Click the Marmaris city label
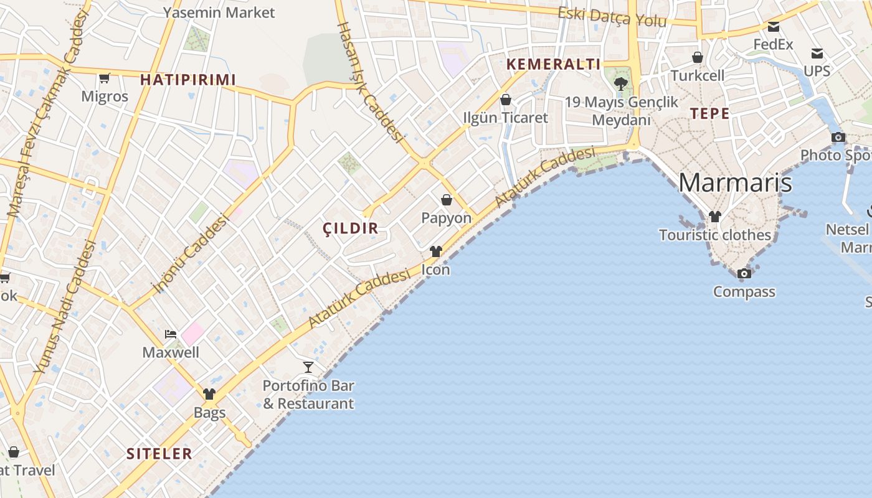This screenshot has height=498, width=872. (735, 182)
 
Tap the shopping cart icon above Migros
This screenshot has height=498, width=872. (105, 78)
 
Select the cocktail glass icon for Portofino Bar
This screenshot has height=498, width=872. (308, 367)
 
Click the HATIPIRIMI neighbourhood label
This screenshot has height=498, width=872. (188, 80)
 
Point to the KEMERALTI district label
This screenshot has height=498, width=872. (554, 64)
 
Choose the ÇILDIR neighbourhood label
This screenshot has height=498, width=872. (351, 228)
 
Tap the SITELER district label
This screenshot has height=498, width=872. (159, 454)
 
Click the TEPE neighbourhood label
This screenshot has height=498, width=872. (710, 113)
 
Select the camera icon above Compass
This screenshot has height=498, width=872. (744, 273)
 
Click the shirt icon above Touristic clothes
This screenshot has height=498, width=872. (715, 217)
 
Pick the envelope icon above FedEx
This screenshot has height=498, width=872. (774, 27)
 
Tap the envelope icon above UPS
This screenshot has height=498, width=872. (817, 54)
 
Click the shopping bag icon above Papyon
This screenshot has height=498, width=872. (447, 200)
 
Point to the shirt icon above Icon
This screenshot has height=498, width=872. (435, 251)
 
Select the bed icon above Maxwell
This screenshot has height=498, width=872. (171, 334)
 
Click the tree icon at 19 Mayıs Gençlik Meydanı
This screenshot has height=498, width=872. (620, 83)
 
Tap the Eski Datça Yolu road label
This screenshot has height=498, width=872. (612, 17)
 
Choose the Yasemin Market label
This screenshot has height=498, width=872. (219, 12)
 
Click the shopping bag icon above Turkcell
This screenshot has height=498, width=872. (698, 57)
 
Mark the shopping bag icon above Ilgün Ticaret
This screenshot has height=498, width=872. (506, 100)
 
